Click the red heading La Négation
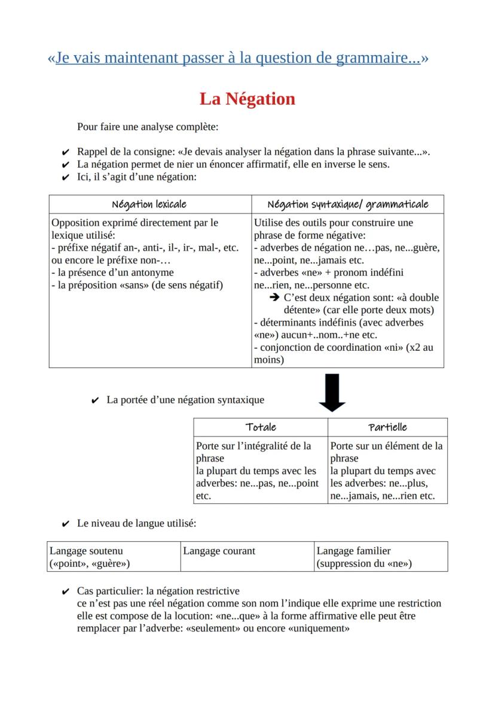coord(247,99)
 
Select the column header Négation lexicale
coord(149,204)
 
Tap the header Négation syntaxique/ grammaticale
coord(348,204)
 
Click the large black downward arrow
coord(332,392)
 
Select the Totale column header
coord(261,427)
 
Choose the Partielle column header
coord(387,427)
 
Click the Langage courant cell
coord(219,551)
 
